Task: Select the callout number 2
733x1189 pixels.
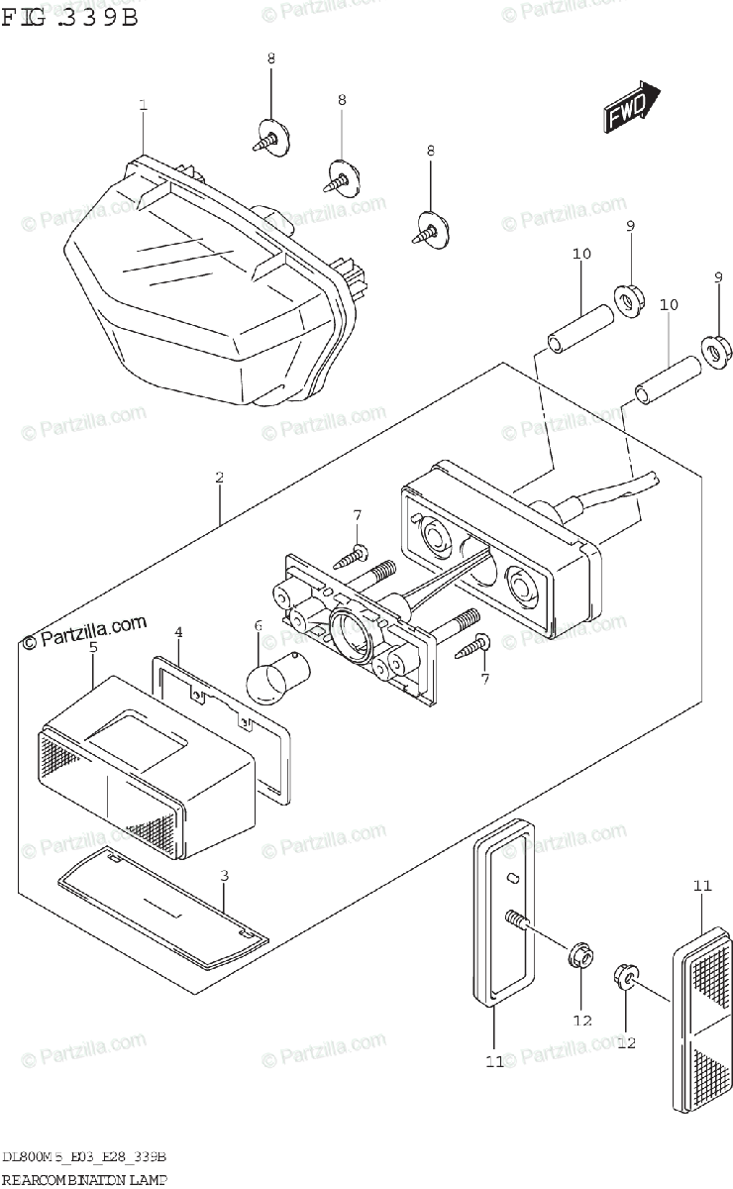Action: pos(219,477)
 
